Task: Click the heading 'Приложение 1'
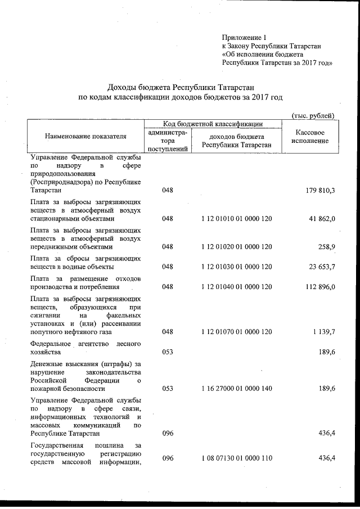click(x=245, y=37)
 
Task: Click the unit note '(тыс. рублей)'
click(x=313, y=115)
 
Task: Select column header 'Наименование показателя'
click(x=86, y=136)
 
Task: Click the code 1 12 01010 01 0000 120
click(x=236, y=218)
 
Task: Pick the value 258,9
click(x=326, y=246)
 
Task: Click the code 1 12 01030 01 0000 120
click(x=236, y=267)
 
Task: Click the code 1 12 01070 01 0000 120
click(x=236, y=332)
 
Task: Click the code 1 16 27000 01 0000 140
click(x=236, y=389)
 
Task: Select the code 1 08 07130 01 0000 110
click(x=236, y=458)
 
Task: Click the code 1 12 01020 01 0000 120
click(x=236, y=246)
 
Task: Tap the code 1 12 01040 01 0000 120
click(x=236, y=287)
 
